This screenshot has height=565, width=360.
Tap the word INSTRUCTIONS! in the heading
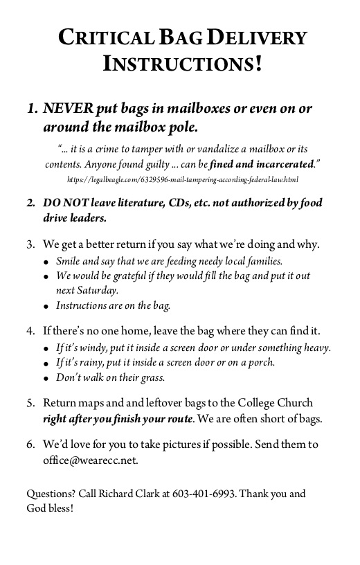182,64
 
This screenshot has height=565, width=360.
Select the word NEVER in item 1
66,109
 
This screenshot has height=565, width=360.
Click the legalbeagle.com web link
183,179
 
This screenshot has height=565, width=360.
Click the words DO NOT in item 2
61,204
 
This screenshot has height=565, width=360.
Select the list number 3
30,244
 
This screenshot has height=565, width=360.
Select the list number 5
30,403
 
